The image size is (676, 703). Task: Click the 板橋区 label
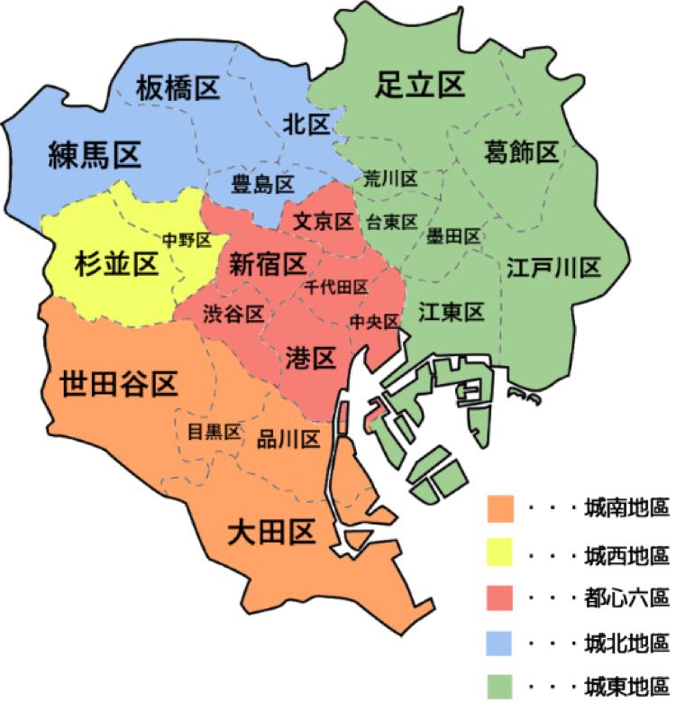tap(178, 88)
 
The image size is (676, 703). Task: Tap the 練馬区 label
tap(95, 157)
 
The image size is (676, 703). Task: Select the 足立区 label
tap(419, 86)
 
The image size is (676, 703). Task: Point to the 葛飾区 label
tap(521, 152)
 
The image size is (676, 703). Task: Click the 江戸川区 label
tap(553, 268)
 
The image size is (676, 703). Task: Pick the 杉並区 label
tap(114, 264)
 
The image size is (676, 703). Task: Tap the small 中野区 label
tap(187, 240)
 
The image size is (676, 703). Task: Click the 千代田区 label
tap(336, 288)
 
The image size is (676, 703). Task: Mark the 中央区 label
tap(374, 321)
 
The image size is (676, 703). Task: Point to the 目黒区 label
tap(214, 432)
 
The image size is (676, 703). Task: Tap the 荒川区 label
tap(390, 178)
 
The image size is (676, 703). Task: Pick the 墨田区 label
tap(453, 236)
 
